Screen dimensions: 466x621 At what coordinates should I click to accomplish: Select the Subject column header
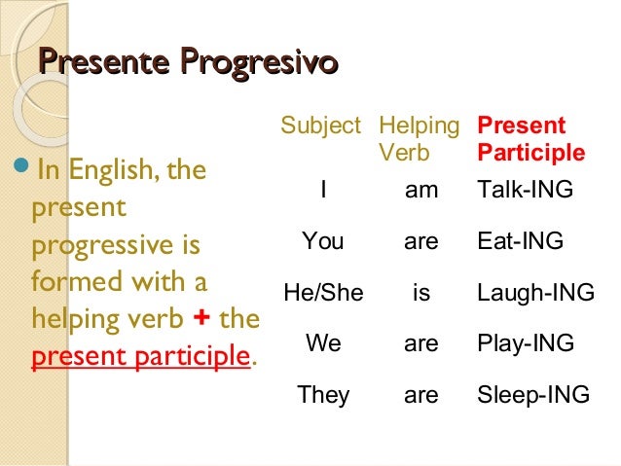pyautogui.click(x=321, y=126)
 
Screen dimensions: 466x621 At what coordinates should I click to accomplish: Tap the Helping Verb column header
pyautogui.click(x=419, y=139)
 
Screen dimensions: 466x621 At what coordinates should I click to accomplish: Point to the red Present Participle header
pyautogui.click(x=530, y=139)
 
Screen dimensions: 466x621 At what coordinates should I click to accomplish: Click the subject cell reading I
pyautogui.click(x=322, y=192)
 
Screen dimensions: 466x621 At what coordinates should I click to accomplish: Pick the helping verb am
pyautogui.click(x=421, y=192)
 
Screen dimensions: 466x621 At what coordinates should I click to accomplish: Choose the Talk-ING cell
pyautogui.click(x=526, y=192)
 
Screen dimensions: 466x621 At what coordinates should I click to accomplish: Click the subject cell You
pyautogui.click(x=322, y=241)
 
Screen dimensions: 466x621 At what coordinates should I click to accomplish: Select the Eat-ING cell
pyautogui.click(x=521, y=241)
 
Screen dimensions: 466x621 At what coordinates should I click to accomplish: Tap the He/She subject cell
pyautogui.click(x=322, y=292)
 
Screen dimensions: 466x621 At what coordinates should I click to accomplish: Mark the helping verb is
pyautogui.click(x=421, y=292)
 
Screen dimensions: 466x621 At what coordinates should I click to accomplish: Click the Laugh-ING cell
pyautogui.click(x=535, y=292)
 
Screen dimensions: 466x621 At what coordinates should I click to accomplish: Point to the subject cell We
pyautogui.click(x=322, y=343)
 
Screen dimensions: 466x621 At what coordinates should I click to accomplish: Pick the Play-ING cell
pyautogui.click(x=526, y=343)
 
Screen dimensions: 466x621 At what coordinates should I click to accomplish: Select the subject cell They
pyautogui.click(x=322, y=395)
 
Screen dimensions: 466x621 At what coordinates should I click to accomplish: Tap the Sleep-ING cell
pyautogui.click(x=533, y=395)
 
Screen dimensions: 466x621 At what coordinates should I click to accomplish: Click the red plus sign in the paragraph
pyautogui.click(x=203, y=319)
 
